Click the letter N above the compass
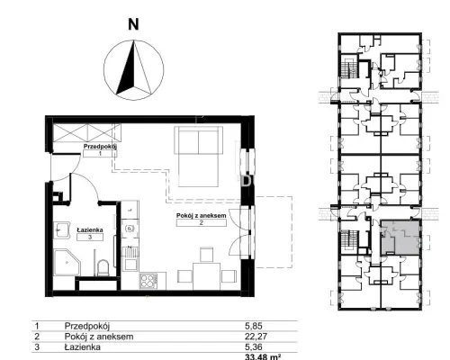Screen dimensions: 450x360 (x=133, y=24)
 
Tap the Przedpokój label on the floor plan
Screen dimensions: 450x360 (x=100, y=147)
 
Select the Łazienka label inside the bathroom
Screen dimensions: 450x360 (x=90, y=229)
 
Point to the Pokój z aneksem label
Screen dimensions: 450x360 (x=201, y=215)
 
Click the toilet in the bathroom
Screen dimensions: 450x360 (x=103, y=267)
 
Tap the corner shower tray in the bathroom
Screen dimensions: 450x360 (x=67, y=262)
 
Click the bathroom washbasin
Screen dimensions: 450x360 (x=61, y=230)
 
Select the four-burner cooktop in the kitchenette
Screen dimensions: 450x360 (x=148, y=281)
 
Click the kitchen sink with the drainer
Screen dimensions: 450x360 (x=131, y=258)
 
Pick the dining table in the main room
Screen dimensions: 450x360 (x=206, y=276)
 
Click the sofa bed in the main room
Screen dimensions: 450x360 (x=198, y=157)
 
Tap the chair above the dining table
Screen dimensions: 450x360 (x=206, y=255)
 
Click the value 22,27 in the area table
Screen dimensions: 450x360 (x=256, y=337)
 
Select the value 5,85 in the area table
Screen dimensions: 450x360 (x=254, y=326)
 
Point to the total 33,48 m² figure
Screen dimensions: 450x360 (x=263, y=357)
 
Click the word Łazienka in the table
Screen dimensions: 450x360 (x=83, y=347)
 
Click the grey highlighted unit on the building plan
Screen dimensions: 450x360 (x=400, y=238)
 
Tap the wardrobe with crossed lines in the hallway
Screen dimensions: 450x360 (x=87, y=132)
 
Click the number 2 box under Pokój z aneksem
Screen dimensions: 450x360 (x=202, y=222)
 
